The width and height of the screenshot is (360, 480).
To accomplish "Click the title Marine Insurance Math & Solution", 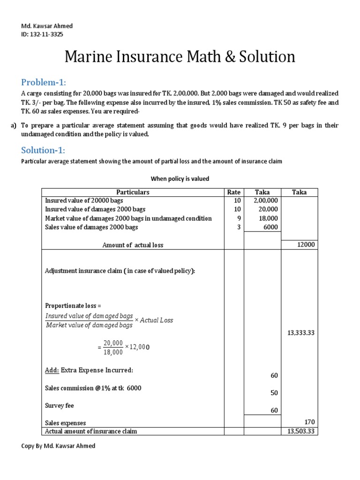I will (x=180, y=57).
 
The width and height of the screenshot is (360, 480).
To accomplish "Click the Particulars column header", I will (x=133, y=192).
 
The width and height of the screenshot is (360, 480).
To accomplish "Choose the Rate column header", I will (x=233, y=192).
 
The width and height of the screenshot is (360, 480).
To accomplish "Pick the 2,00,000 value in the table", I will (x=265, y=201).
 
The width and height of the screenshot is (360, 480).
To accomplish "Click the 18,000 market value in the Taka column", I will (x=268, y=218).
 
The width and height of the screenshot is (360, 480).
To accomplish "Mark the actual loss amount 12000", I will (x=306, y=245).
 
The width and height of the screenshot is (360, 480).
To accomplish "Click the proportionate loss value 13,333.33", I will (x=300, y=333).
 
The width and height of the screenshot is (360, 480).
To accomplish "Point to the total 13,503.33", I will (x=300, y=431).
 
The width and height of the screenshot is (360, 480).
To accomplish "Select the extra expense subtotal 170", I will (x=309, y=422).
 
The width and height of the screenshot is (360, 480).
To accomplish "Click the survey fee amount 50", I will (x=274, y=393).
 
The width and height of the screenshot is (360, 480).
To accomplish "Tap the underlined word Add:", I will (x=52, y=370).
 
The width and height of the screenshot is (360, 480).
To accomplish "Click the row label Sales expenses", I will (x=65, y=423).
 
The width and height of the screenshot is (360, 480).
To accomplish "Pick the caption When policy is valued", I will (x=180, y=179).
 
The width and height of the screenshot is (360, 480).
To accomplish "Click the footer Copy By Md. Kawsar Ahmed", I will (x=58, y=446).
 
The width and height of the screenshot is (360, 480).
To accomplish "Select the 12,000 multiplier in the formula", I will (x=140, y=347).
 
